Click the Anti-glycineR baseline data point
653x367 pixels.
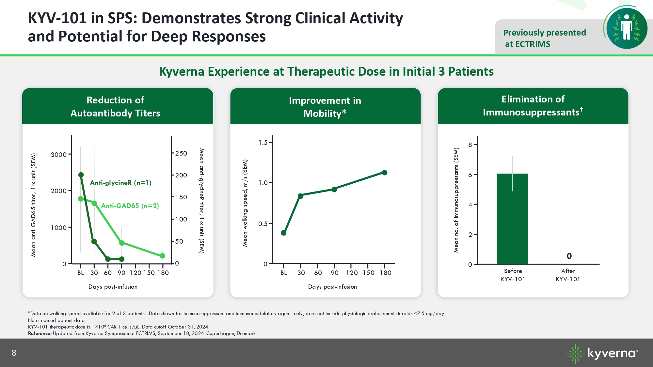pyautogui.click(x=81, y=175)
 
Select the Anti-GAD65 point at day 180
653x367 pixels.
pyautogui.click(x=163, y=256)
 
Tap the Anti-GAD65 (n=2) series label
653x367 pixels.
pyautogui.click(x=130, y=206)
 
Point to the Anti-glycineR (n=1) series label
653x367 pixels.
pyautogui.click(x=120, y=183)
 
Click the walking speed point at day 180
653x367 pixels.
pyautogui.click(x=385, y=173)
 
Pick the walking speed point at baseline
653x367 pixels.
pyautogui.click(x=283, y=233)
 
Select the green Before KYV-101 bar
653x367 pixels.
pyautogui.click(x=512, y=219)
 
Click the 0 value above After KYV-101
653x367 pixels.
pyautogui.click(x=569, y=256)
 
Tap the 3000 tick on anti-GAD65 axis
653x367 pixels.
pyautogui.click(x=59, y=155)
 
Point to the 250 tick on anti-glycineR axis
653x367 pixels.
pyautogui.click(x=181, y=153)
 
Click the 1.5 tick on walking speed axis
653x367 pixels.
pyautogui.click(x=263, y=143)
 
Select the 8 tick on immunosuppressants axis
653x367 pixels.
pyautogui.click(x=470, y=145)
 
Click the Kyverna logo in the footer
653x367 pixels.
pyautogui.click(x=601, y=353)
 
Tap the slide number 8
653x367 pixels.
pyautogui.click(x=14, y=353)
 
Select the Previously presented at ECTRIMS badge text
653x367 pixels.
pyautogui.click(x=544, y=38)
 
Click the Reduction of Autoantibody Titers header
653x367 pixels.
pyautogui.click(x=116, y=106)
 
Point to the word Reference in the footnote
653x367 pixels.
pyautogui.click(x=40, y=333)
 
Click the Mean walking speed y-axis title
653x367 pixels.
pyautogui.click(x=245, y=203)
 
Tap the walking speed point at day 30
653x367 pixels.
pyautogui.click(x=300, y=196)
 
